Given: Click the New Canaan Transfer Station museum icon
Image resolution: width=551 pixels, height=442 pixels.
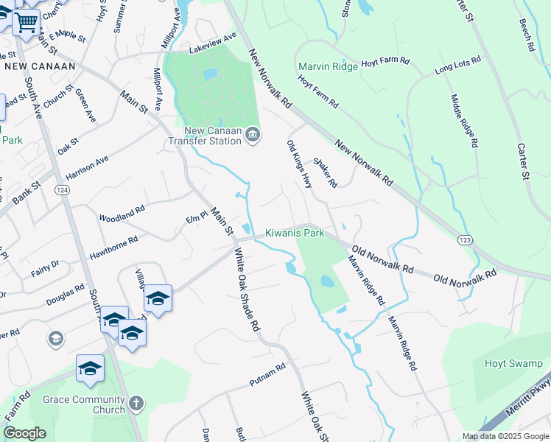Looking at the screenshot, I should (x=253, y=133).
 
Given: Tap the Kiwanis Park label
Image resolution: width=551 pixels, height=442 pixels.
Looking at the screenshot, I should (x=295, y=234).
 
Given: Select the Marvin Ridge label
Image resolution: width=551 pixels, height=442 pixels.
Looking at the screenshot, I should (x=328, y=67).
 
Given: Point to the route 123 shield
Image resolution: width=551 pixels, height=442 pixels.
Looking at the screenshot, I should (x=466, y=240).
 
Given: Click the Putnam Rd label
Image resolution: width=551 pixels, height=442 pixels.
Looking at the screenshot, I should (x=267, y=375).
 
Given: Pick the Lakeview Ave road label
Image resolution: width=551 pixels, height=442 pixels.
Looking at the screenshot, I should (x=212, y=43).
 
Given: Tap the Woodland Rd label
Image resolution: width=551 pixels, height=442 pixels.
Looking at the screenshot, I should (x=122, y=214).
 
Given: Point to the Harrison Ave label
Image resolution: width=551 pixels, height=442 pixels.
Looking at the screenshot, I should (x=87, y=168).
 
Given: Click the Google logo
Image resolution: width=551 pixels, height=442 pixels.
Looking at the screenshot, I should (x=24, y=433).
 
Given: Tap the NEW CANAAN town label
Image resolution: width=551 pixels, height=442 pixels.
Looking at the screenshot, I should (x=40, y=66).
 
